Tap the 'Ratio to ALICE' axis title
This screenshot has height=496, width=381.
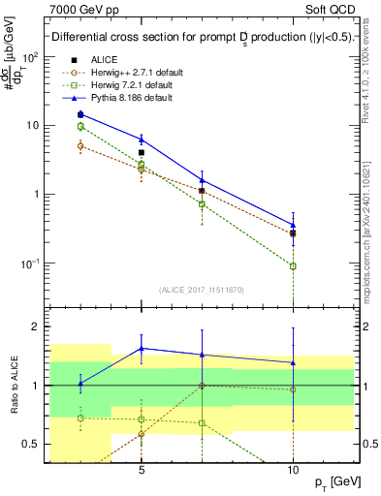pyautogui.click(x=13, y=386)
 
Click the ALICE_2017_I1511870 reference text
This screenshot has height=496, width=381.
pyautogui.click(x=201, y=289)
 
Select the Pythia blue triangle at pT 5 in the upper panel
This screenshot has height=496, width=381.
pyautogui.click(x=142, y=139)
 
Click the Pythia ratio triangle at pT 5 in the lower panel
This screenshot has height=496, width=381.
pyautogui.click(x=142, y=348)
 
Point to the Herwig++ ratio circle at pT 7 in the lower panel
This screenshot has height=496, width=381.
pyautogui.click(x=202, y=386)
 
